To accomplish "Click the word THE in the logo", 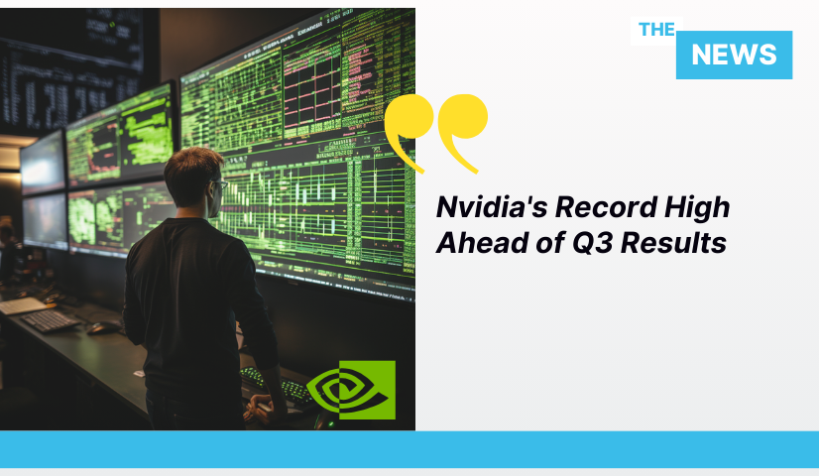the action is (656, 30).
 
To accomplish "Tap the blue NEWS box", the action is (734, 55).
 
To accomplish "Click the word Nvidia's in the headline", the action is (492, 207).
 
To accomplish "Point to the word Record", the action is (606, 207).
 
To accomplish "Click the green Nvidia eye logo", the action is (351, 390).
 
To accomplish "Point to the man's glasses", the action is (220, 184).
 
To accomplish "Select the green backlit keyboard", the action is (276, 385).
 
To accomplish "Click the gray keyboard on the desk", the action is (51, 320).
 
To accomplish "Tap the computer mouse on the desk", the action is (102, 327).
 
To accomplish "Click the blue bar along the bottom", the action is (409, 449).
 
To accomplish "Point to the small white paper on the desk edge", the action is (139, 374).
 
